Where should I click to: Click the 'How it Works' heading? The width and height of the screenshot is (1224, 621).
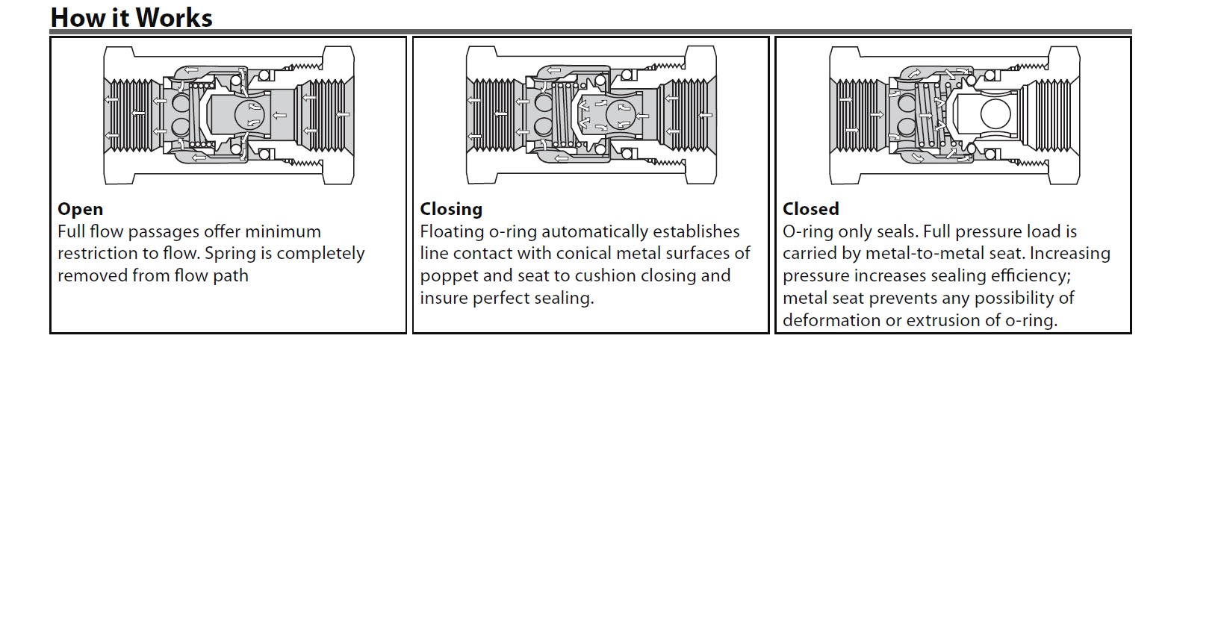pyautogui.click(x=131, y=17)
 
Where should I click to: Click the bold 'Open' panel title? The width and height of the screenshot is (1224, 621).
pyautogui.click(x=80, y=209)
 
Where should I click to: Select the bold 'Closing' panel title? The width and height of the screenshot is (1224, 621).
pyautogui.click(x=451, y=209)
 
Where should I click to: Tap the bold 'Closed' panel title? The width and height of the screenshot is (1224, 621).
pyautogui.click(x=810, y=209)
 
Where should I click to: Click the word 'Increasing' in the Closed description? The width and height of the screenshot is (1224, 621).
pyautogui.click(x=1070, y=254)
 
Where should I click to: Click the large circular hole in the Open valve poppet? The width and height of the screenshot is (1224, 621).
pyautogui.click(x=249, y=114)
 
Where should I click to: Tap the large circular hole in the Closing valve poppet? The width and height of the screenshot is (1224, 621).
pyautogui.click(x=620, y=115)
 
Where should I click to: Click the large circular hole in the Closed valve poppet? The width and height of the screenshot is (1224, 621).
pyautogui.click(x=995, y=114)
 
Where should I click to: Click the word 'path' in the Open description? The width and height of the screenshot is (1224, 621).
pyautogui.click(x=232, y=276)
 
